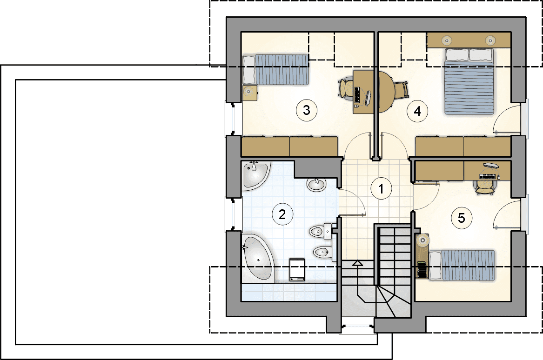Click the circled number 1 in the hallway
point(381,189)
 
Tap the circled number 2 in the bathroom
point(282,214)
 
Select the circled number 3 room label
point(307,110)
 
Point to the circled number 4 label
point(417,111)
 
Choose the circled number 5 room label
point(462,218)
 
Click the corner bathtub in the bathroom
point(258,258)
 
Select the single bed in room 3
point(275,69)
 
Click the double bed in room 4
point(469,81)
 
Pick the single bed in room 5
point(462,265)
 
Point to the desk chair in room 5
point(485,187)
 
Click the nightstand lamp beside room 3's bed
point(248,92)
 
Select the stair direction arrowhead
point(357,263)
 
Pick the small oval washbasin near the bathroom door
point(316,185)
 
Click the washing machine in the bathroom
point(297,269)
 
